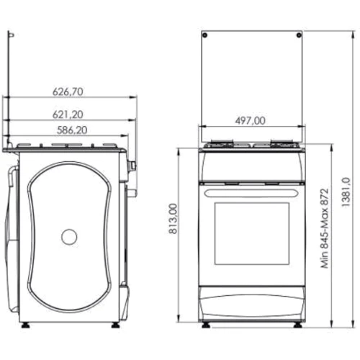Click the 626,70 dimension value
tap(68, 91)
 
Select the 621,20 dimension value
tap(68, 114)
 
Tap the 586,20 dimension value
tap(72, 130)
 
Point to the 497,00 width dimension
tap(251, 120)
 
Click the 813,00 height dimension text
tap(173, 219)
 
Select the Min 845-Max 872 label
tap(325, 228)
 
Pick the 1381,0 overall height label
tap(346, 192)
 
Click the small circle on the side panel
tap(69, 237)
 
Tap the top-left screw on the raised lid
tap(204, 35)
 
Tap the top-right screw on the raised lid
tap(299, 35)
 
